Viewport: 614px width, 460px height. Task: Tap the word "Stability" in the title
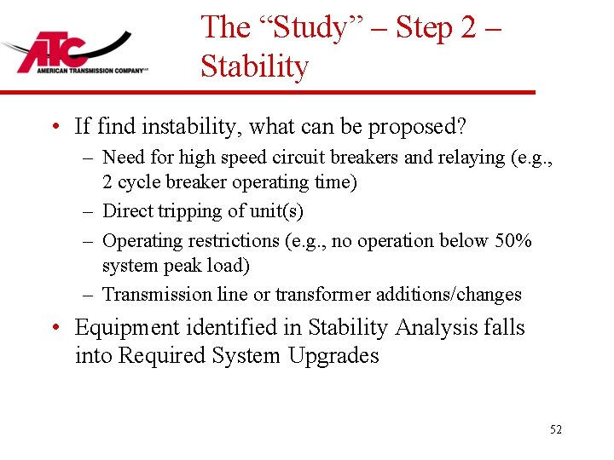[x=254, y=66]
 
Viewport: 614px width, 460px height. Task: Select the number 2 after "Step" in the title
[x=468, y=27]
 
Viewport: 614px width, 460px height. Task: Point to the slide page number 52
[x=556, y=430]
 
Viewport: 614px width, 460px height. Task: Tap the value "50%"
[x=513, y=240]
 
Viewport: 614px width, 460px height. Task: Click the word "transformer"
[x=316, y=295]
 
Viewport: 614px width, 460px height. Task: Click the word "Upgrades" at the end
[x=333, y=355]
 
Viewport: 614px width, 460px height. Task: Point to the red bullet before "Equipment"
[x=57, y=328]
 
